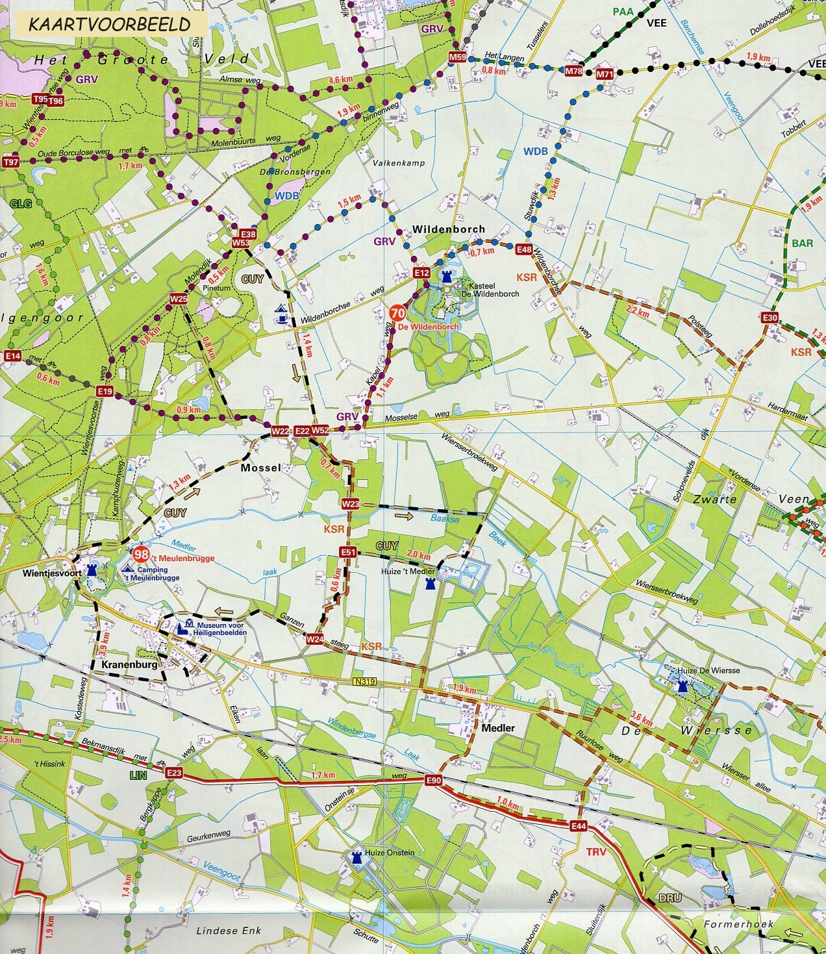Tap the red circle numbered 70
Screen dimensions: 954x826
tap(397, 312)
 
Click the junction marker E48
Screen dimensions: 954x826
tap(524, 249)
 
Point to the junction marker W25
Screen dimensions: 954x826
tap(179, 298)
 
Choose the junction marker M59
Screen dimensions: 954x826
tap(457, 58)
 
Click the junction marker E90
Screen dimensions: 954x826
tap(434, 780)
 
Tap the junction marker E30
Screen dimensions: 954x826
tap(770, 318)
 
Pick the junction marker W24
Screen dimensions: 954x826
tap(315, 639)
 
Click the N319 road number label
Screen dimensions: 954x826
tap(366, 682)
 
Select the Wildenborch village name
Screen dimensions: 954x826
tap(449, 229)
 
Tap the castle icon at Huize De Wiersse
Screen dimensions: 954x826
tap(682, 686)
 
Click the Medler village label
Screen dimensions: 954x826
tap(498, 728)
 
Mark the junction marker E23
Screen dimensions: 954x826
tap(174, 773)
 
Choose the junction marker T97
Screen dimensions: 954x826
tap(10, 162)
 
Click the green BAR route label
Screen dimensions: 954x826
tap(802, 244)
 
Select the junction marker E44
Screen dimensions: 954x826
tap(579, 826)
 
